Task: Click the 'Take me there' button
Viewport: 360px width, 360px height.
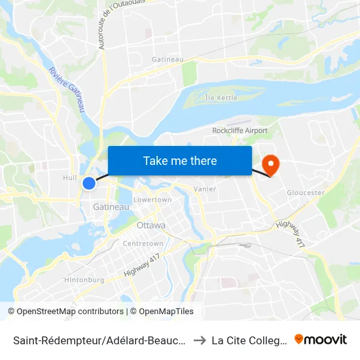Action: click(180, 160)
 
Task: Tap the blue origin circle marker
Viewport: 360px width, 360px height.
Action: click(89, 183)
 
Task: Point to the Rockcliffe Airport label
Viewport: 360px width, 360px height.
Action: click(240, 130)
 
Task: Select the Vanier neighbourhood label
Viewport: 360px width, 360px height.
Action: click(205, 189)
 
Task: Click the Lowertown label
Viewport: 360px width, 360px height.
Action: click(152, 199)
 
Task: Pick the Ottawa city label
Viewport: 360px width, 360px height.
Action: click(151, 225)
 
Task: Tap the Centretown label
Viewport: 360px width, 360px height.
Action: click(143, 243)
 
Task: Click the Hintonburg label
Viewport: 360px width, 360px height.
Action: click(84, 279)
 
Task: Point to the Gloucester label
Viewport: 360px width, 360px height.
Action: click(306, 192)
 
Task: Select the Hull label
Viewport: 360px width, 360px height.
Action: click(70, 177)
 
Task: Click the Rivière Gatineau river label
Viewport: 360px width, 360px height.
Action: click(69, 90)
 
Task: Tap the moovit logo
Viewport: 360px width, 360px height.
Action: click(321, 339)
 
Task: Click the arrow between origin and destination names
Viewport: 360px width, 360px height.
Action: click(200, 340)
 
